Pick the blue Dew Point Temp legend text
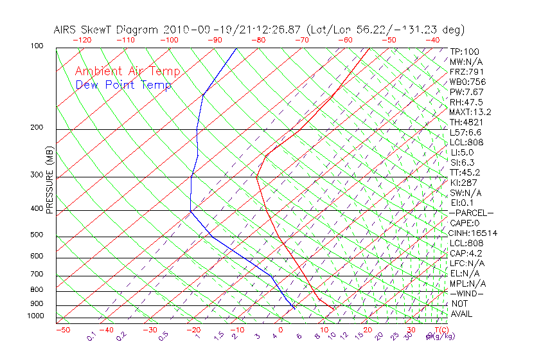[x=123, y=85]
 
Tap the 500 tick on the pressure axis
[x=39, y=235]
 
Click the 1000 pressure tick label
[x=37, y=316]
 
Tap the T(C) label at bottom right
[x=438, y=329]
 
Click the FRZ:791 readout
[x=467, y=72]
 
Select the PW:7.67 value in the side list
[x=467, y=92]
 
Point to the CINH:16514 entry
[x=474, y=233]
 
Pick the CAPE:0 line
[x=465, y=223]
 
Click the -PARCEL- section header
[x=471, y=213]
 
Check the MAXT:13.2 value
[x=471, y=113]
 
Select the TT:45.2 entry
[x=465, y=172]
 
